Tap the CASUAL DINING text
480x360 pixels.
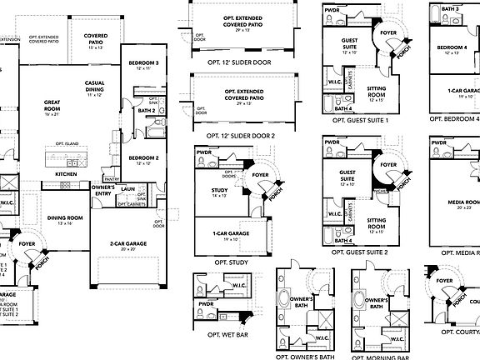click(x=100, y=87)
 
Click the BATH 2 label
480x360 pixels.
click(x=147, y=110)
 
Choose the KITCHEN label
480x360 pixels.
click(x=66, y=173)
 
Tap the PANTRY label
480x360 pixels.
click(x=112, y=178)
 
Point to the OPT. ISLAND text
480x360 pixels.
click(x=67, y=144)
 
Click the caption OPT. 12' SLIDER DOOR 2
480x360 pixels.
click(x=238, y=134)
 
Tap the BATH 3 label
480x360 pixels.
click(x=450, y=8)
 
